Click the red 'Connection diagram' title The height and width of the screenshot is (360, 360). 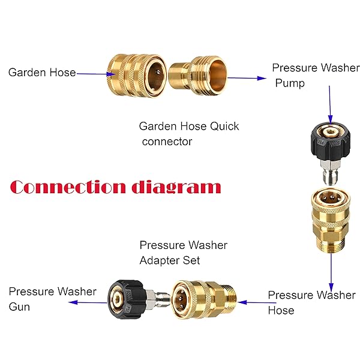115,187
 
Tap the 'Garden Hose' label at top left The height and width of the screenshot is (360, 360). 42,73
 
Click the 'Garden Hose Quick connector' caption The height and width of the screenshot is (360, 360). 189,134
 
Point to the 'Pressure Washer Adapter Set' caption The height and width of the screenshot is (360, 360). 184,253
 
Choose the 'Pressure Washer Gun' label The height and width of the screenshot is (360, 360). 53,299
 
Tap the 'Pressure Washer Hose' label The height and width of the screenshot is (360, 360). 312,302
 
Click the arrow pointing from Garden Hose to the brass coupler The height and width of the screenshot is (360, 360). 96,74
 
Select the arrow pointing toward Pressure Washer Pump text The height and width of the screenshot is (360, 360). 247,78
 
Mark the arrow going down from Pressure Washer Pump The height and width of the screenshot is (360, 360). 330,105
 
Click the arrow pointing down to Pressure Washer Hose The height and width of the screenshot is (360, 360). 331,272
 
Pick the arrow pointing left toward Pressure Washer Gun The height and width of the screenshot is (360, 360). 88,302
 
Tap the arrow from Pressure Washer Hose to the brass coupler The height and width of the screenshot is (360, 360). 257,302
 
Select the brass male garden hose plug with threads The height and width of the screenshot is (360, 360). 198,76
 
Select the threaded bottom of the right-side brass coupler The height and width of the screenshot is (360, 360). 331,245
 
